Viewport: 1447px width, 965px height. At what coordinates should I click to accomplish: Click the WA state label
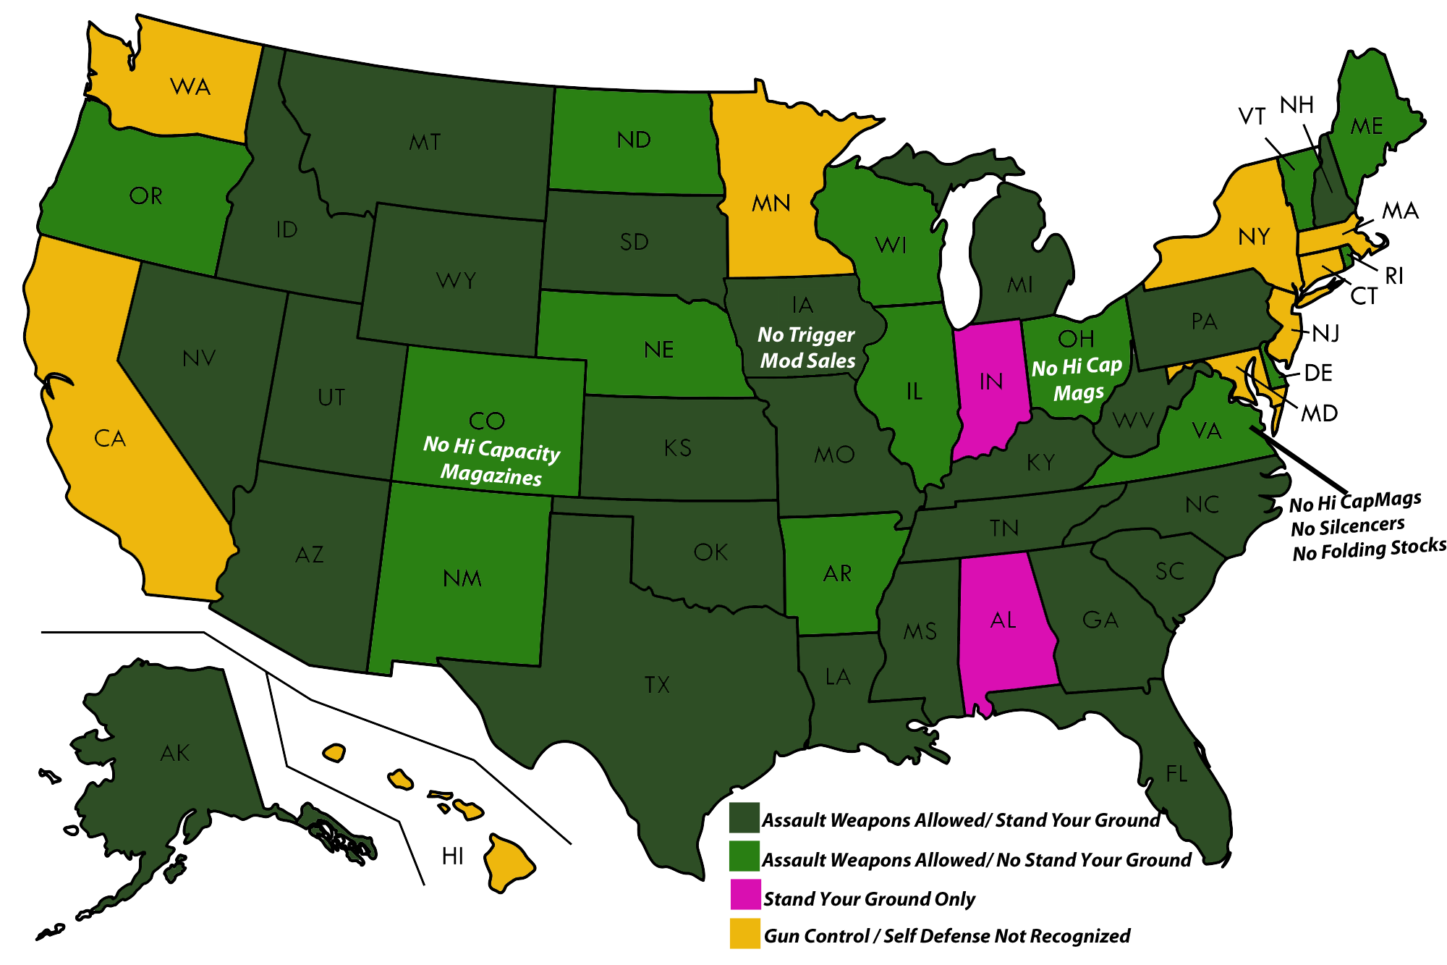pyautogui.click(x=190, y=87)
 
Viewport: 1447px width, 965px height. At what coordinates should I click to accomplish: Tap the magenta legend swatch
pyautogui.click(x=744, y=895)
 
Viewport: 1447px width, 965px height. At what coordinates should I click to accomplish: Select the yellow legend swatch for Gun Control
pyautogui.click(x=744, y=933)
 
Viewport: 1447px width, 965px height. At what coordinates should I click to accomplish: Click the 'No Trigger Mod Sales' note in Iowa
pyautogui.click(x=807, y=347)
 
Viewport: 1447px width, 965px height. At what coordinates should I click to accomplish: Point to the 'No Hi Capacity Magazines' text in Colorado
pyautogui.click(x=491, y=460)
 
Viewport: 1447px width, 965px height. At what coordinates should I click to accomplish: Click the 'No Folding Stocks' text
pyautogui.click(x=1369, y=549)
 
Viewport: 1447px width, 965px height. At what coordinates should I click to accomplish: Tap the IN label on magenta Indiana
pyautogui.click(x=990, y=382)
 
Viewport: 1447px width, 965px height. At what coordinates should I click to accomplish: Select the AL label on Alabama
pyautogui.click(x=1003, y=620)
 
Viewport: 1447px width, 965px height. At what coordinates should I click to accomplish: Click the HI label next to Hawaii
pyautogui.click(x=452, y=856)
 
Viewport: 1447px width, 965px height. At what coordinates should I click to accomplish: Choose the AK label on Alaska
pyautogui.click(x=175, y=753)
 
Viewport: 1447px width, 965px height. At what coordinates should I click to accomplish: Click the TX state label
pyautogui.click(x=657, y=685)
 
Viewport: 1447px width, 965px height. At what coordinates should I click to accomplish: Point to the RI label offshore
pyautogui.click(x=1393, y=276)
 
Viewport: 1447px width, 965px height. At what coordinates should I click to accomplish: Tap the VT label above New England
pyautogui.click(x=1252, y=116)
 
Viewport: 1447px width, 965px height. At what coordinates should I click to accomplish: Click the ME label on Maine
pyautogui.click(x=1367, y=127)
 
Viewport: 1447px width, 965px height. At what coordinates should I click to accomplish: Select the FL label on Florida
pyautogui.click(x=1176, y=774)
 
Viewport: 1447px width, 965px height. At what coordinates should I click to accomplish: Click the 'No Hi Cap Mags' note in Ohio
pyautogui.click(x=1077, y=379)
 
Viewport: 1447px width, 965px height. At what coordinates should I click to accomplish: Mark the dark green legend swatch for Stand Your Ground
pyautogui.click(x=744, y=818)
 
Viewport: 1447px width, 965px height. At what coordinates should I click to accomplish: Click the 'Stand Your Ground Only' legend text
pyautogui.click(x=869, y=899)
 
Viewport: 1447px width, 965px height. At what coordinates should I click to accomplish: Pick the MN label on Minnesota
pyautogui.click(x=771, y=203)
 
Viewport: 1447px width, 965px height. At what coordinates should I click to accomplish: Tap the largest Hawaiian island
pyautogui.click(x=508, y=861)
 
